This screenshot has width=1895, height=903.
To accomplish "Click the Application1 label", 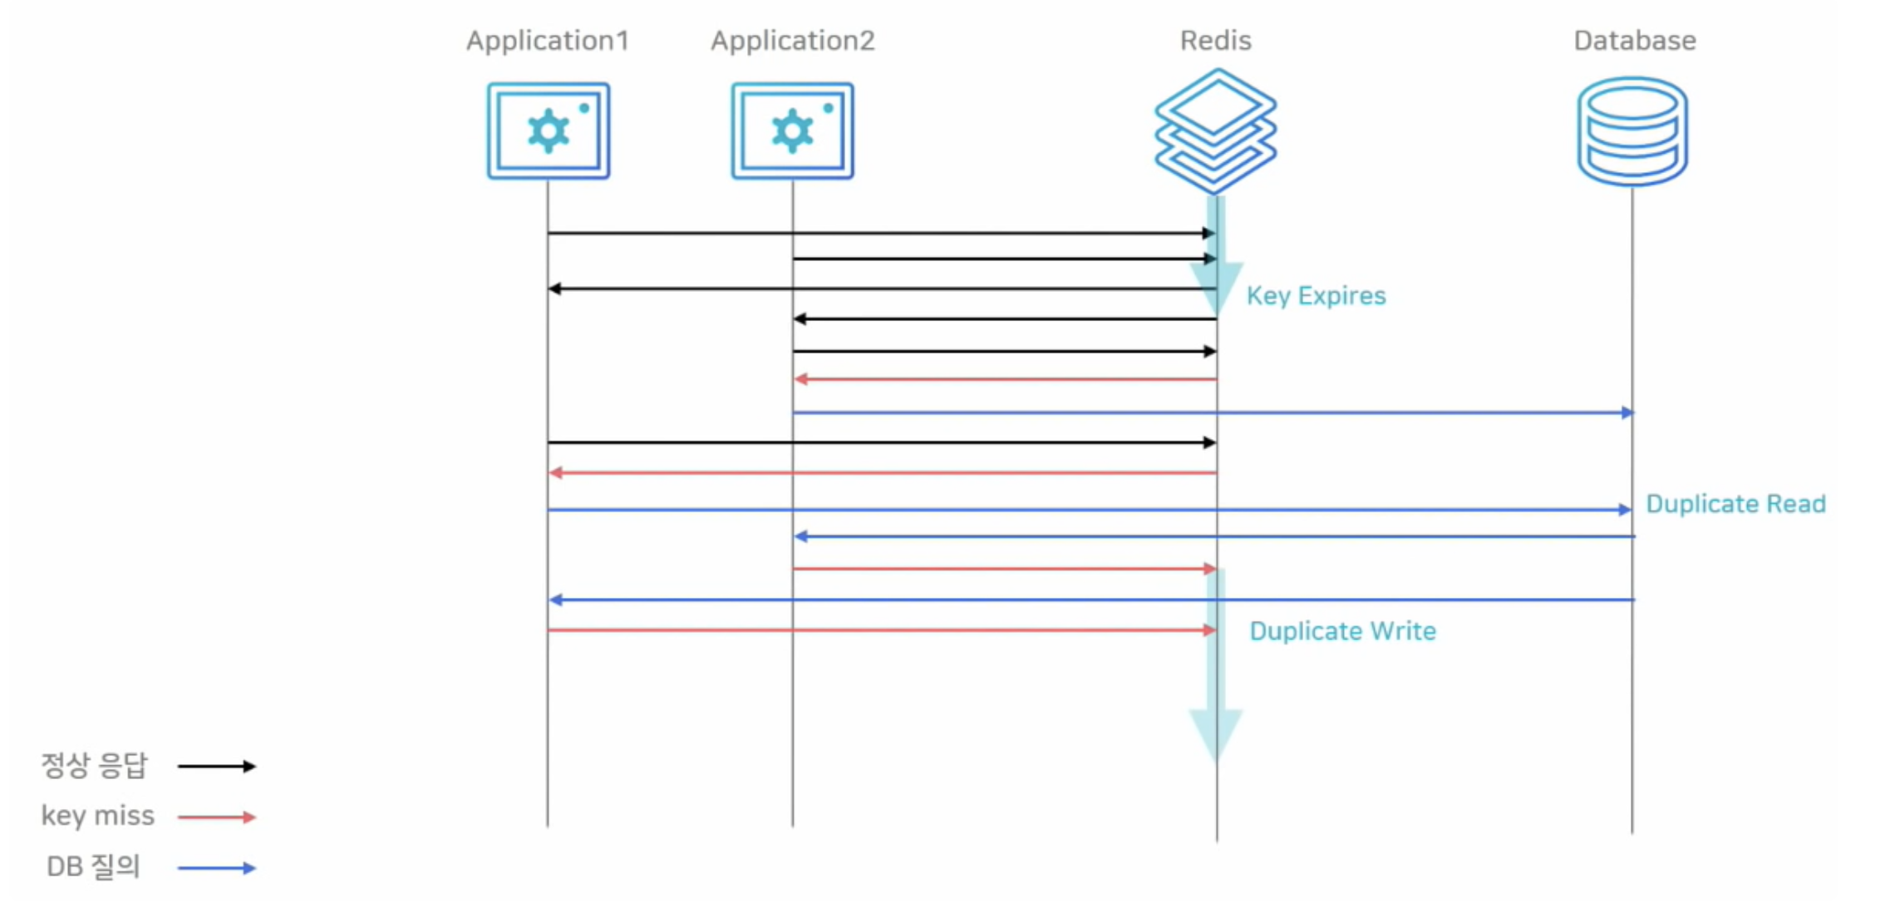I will click(547, 41).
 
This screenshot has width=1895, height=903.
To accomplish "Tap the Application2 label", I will click(792, 41).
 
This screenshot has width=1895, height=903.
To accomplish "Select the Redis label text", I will click(1215, 41).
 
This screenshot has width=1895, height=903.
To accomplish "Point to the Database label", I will click(1634, 41).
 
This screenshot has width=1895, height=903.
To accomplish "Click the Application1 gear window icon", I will click(549, 131).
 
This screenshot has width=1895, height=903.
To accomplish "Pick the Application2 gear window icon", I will click(792, 131).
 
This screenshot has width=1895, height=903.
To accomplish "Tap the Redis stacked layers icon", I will click(1215, 131).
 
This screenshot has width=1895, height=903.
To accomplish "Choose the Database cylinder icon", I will click(1632, 131).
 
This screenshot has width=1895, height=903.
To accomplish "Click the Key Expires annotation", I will click(1316, 296).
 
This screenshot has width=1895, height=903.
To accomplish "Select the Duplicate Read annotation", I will click(1735, 504).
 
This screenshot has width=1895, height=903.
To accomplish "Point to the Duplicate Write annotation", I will click(1342, 631).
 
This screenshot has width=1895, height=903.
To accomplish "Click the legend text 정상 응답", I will click(94, 766).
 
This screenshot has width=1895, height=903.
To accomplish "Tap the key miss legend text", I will click(97, 816).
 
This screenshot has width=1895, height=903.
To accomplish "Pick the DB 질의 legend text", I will click(93, 866).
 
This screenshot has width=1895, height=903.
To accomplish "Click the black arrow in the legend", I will click(217, 767).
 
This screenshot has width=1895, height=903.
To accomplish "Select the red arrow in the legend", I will click(217, 817).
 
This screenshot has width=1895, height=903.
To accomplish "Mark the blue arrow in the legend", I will click(217, 868).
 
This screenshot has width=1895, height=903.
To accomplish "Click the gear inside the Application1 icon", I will click(548, 131).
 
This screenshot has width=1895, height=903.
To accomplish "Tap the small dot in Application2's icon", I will click(828, 108).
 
